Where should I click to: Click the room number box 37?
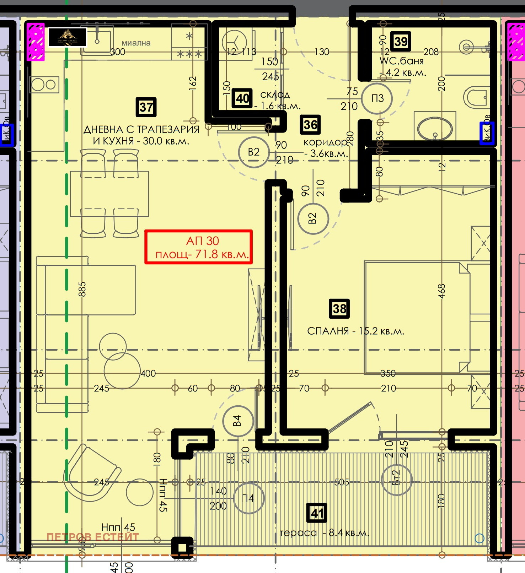point(146,107)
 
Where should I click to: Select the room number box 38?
point(339,308)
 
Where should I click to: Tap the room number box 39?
point(401,42)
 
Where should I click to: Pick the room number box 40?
point(242,98)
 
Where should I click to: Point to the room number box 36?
point(310,125)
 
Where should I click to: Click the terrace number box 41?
point(317,513)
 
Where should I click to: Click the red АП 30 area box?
point(198,247)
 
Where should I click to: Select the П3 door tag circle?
point(377,98)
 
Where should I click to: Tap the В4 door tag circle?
point(238,421)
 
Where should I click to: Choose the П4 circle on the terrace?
point(248,498)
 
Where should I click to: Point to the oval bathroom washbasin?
point(435,128)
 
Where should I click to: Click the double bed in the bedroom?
point(416,317)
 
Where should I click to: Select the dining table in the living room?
point(109,194)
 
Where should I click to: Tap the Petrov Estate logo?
point(67,37)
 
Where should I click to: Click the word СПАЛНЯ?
point(328,331)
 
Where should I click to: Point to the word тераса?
point(298,533)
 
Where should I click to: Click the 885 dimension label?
point(82,289)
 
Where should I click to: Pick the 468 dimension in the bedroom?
point(441,291)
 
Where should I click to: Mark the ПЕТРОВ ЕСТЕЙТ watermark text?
point(93,537)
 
